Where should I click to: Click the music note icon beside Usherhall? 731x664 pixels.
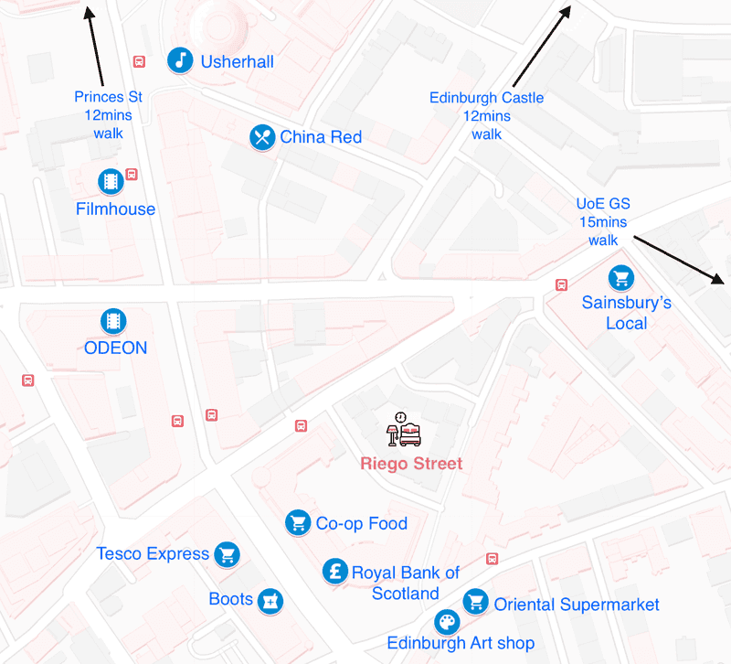tap(181, 60)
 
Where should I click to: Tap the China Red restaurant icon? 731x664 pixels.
tap(263, 137)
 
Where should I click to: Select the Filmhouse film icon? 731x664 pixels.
tap(111, 181)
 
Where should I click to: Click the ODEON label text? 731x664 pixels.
tap(115, 348)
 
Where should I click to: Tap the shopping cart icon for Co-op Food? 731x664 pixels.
tap(297, 522)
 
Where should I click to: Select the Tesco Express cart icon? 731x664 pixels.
tap(227, 554)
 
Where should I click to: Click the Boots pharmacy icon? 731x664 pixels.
tap(270, 600)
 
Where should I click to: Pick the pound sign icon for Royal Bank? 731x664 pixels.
tap(335, 573)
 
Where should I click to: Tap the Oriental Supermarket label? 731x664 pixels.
tap(577, 605)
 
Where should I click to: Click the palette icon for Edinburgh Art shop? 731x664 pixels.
tap(446, 623)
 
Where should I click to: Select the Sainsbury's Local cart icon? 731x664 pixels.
tap(621, 277)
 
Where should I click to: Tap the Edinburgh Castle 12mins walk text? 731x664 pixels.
tap(486, 115)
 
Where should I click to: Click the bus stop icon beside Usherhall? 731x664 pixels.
tap(139, 62)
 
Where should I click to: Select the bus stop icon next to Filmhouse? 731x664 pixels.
tap(132, 174)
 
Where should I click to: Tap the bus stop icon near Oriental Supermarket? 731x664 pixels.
tap(493, 559)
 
